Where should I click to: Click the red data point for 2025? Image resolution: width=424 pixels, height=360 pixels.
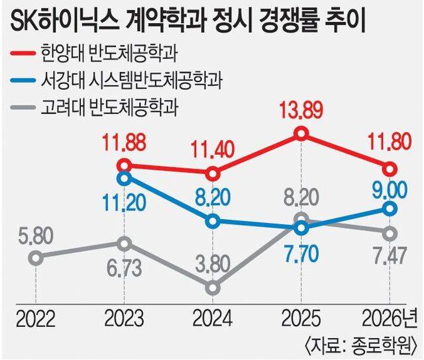coord(301,134)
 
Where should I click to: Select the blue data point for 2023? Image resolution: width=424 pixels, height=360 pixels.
coord(123,177)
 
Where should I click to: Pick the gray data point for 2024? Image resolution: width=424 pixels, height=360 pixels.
coord(213,288)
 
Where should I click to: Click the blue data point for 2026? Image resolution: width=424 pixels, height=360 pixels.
coord(390,209)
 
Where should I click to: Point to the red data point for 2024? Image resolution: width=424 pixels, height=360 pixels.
coord(213,174)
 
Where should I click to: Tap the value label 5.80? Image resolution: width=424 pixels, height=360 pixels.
coord(34,235)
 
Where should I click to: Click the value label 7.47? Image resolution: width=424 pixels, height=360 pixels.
coord(389,257)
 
